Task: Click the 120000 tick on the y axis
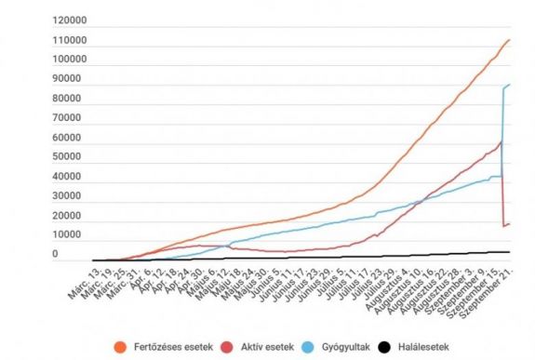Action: click(x=69, y=20)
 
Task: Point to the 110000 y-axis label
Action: click(x=69, y=41)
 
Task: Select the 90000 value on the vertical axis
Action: click(x=72, y=80)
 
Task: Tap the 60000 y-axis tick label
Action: click(x=72, y=139)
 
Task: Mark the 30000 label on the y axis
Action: click(x=72, y=196)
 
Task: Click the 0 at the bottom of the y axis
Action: click(x=55, y=254)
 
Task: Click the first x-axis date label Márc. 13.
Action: click(x=83, y=278)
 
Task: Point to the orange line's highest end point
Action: click(x=510, y=40)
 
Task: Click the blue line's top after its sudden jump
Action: click(x=510, y=85)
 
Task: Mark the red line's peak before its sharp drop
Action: click(x=502, y=141)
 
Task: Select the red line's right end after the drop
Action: click(x=510, y=223)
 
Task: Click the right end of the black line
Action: click(x=510, y=252)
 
